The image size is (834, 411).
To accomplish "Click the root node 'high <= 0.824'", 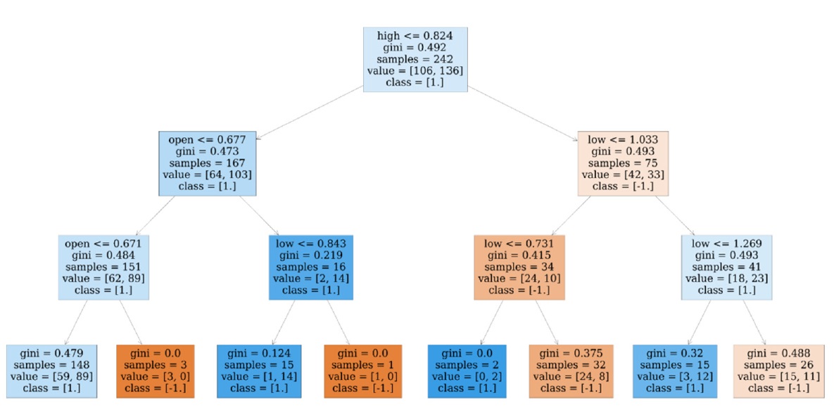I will click(x=415, y=59).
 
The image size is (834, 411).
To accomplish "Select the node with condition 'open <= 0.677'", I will click(x=207, y=163).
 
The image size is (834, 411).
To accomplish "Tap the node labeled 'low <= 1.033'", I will click(x=623, y=163).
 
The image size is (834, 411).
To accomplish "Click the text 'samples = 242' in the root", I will click(x=415, y=59).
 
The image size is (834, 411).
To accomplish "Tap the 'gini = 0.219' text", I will click(x=310, y=255).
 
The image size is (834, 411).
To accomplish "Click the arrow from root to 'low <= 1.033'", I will click(x=522, y=110).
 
